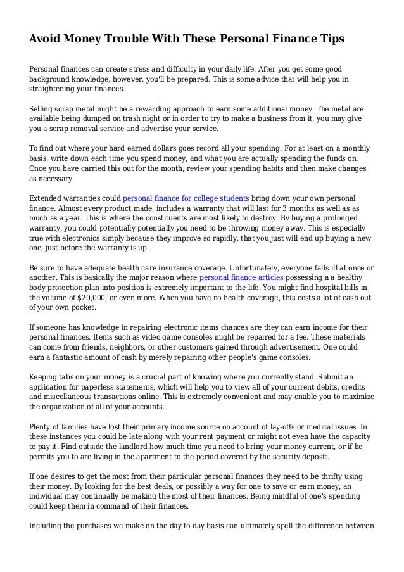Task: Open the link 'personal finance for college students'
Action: point(185,197)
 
